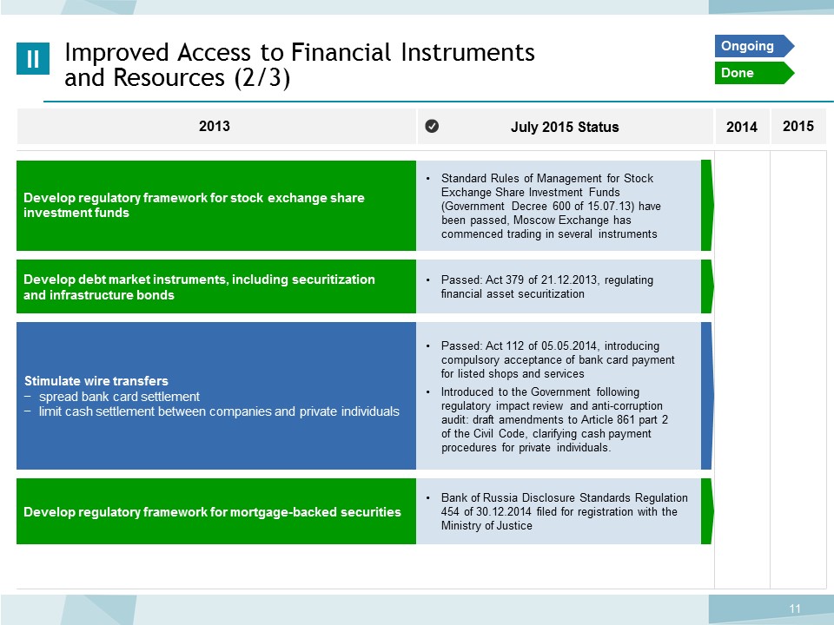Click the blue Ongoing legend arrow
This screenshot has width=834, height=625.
click(x=754, y=46)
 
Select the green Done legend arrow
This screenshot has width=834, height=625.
click(x=754, y=73)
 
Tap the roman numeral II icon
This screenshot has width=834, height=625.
click(x=33, y=58)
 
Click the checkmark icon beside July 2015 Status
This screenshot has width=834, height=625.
click(x=432, y=126)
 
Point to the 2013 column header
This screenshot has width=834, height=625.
click(x=215, y=126)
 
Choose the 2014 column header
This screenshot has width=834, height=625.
click(x=741, y=127)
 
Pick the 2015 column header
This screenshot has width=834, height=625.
click(x=798, y=126)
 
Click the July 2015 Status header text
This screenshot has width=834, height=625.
click(x=565, y=127)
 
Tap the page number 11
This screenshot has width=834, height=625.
click(x=795, y=609)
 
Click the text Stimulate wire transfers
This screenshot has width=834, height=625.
click(x=96, y=381)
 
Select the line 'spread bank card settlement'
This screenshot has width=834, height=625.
click(x=119, y=397)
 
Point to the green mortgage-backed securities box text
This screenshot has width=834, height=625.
click(x=212, y=512)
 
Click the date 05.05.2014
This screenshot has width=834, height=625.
click(x=569, y=346)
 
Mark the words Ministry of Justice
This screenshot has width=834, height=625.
click(x=486, y=526)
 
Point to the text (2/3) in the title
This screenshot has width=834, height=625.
click(x=261, y=78)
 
